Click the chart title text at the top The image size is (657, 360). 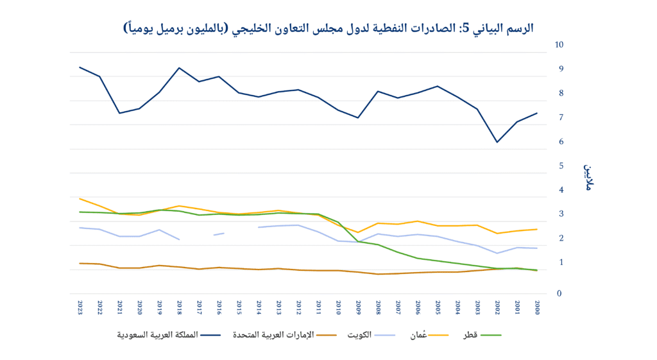[328, 28]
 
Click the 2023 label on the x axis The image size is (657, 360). [80, 306]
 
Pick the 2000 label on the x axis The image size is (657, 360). [536, 306]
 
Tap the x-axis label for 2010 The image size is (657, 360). [338, 306]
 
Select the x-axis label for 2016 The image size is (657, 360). [219, 306]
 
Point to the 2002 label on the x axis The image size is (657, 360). [497, 306]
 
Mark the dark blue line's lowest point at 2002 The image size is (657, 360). [497, 142]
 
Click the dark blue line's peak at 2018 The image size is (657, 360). [179, 68]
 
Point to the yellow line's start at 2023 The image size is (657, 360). [80, 199]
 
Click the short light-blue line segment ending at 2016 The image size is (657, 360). [219, 234]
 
